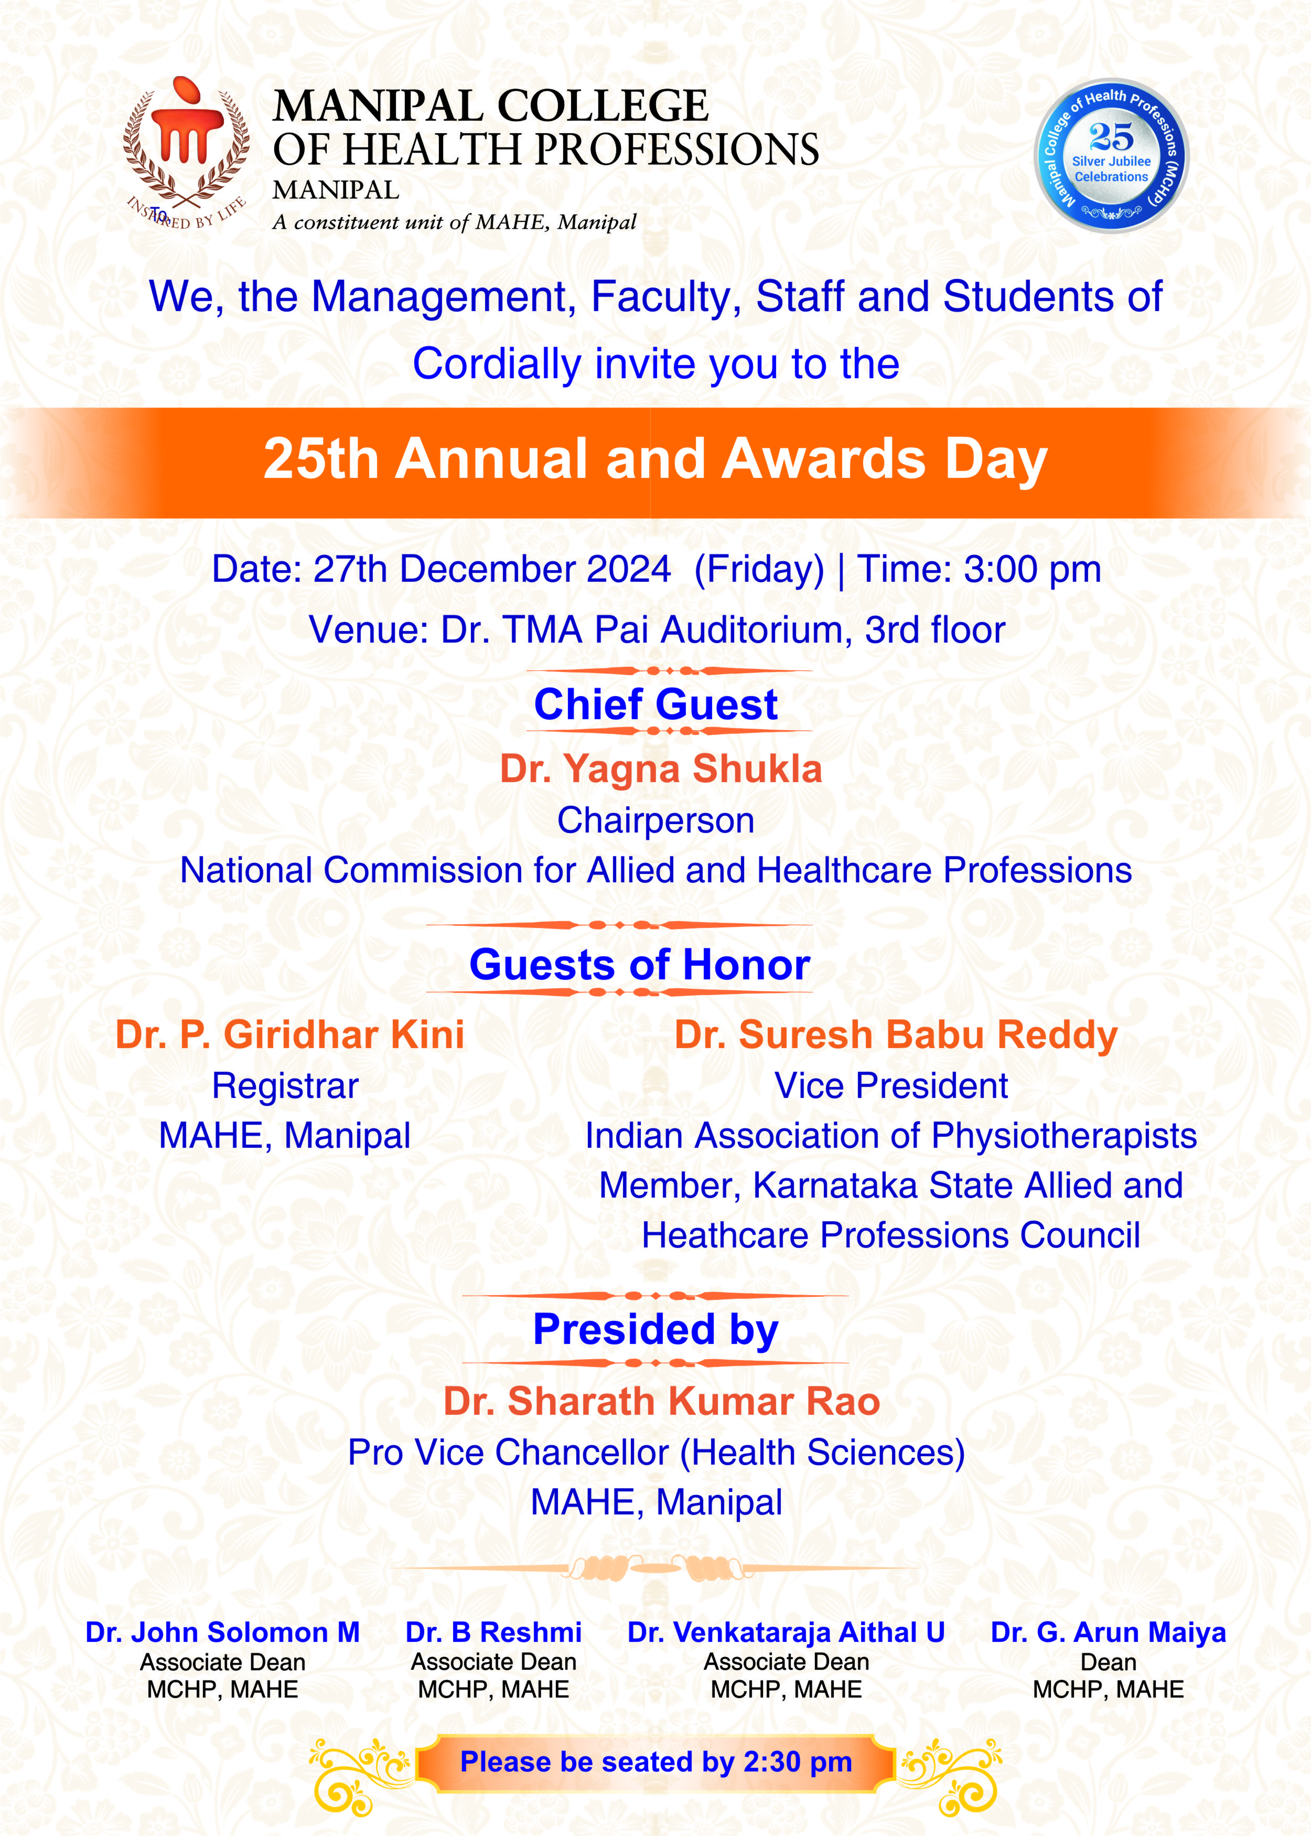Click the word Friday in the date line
click(759, 569)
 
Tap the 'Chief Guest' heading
click(655, 704)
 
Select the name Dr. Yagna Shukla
click(660, 768)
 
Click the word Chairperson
click(655, 820)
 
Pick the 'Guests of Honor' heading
click(639, 965)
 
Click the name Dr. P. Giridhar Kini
click(290, 1034)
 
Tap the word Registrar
click(285, 1086)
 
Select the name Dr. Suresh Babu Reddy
click(895, 1034)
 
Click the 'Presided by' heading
click(655, 1330)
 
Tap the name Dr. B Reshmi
click(493, 1632)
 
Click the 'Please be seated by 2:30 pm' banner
click(655, 1762)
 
